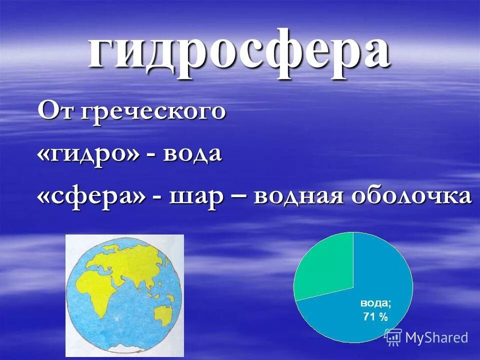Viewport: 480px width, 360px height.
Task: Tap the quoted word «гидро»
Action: [90, 154]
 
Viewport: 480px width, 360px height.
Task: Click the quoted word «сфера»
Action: [92, 196]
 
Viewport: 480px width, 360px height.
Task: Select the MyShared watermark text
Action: [436, 337]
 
